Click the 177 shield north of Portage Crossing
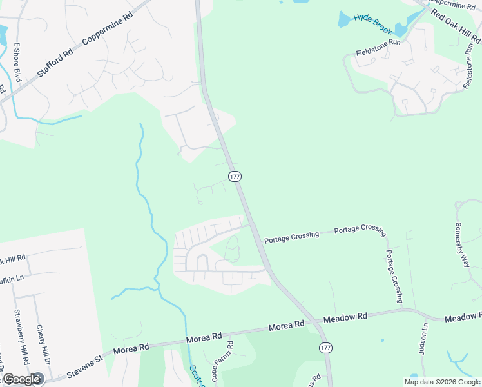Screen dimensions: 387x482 point(235,176)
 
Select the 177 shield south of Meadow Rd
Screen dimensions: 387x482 point(325,348)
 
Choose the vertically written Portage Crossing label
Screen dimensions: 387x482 point(394,276)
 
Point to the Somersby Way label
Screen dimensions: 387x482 point(463,245)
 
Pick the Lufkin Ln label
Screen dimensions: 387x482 point(12,278)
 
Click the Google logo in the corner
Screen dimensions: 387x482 point(22,379)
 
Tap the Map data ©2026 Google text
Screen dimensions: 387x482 point(443,382)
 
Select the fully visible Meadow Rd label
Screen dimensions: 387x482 point(345,317)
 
